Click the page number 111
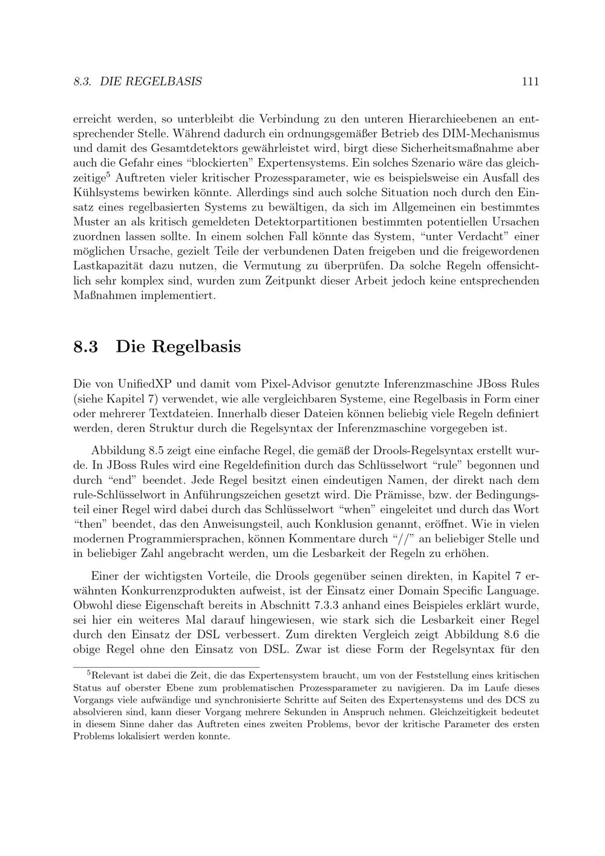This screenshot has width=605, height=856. click(529, 81)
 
